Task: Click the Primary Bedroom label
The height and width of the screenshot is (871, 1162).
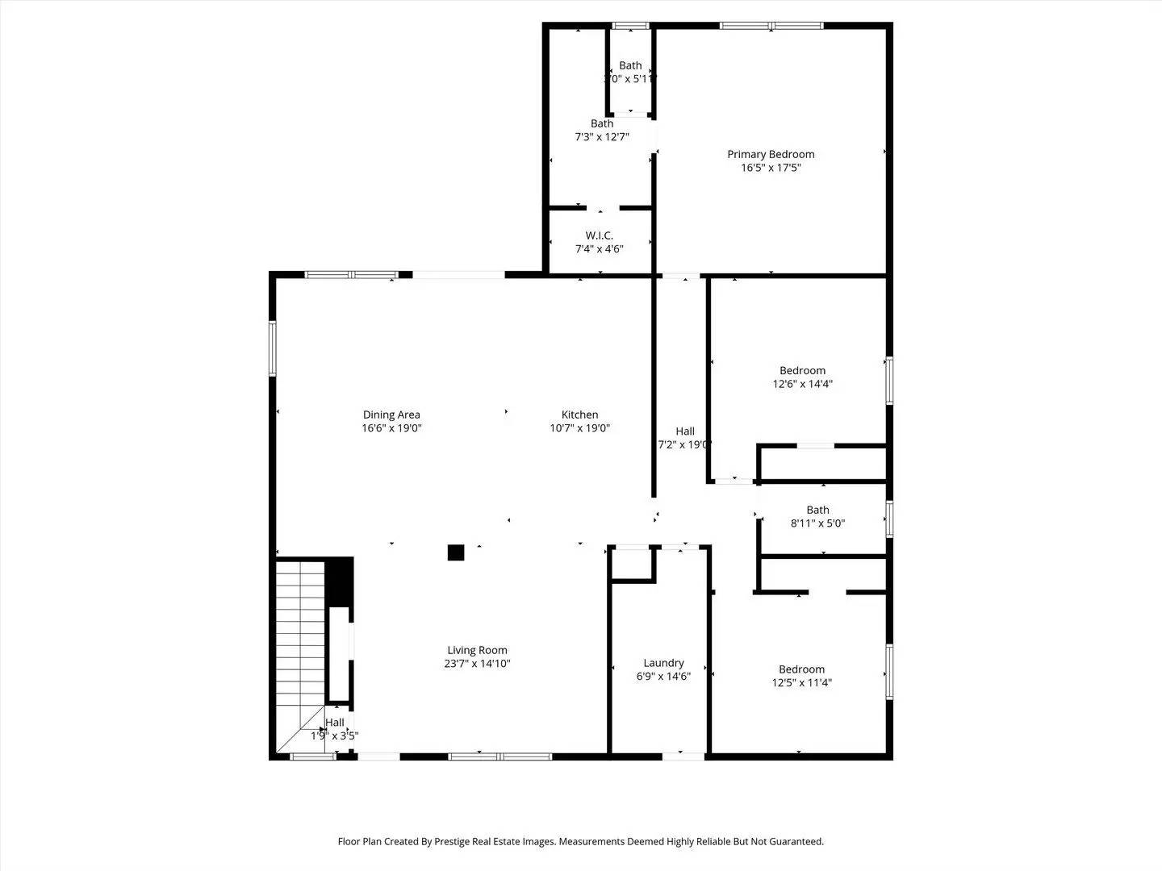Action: [x=771, y=154]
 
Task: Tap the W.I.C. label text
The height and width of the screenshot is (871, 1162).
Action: [x=599, y=235]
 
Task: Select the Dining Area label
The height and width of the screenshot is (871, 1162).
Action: [x=391, y=415]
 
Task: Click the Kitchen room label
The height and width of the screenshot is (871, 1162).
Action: [x=580, y=415]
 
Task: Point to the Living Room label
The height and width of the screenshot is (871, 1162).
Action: [x=477, y=650]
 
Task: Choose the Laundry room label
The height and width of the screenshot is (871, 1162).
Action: [x=663, y=663]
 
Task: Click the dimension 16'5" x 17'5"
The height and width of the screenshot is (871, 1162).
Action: [x=771, y=168]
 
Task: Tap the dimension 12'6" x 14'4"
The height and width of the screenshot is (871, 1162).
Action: [x=802, y=384]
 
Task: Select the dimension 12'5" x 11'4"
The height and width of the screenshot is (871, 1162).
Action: [x=801, y=682]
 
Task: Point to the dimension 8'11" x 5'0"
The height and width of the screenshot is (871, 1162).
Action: [x=817, y=523]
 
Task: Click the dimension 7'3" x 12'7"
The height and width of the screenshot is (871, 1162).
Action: [x=601, y=137]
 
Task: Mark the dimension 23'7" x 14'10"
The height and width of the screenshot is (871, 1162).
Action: [x=477, y=664]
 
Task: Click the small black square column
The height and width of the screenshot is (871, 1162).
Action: [x=456, y=552]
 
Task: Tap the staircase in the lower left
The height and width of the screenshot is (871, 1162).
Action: [x=300, y=645]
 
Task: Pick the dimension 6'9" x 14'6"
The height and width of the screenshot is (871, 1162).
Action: [x=663, y=677]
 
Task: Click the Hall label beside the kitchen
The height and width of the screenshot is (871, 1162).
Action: [x=684, y=431]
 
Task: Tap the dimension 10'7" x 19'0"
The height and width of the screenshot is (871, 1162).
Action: [x=579, y=428]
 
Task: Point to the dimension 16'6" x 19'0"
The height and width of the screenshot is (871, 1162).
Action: [x=391, y=428]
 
